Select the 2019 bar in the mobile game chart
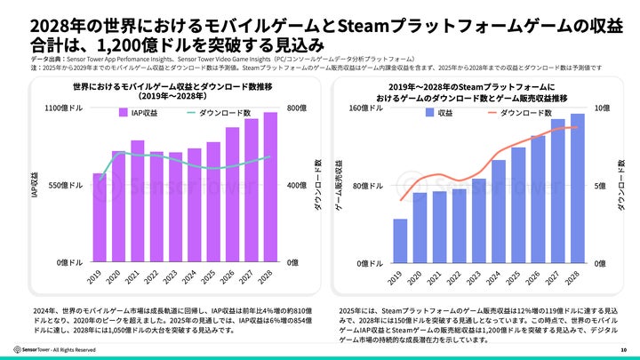pos(99,218)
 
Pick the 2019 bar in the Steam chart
pos(400,241)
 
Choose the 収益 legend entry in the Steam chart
pos(439,113)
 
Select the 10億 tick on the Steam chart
pos(601,108)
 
